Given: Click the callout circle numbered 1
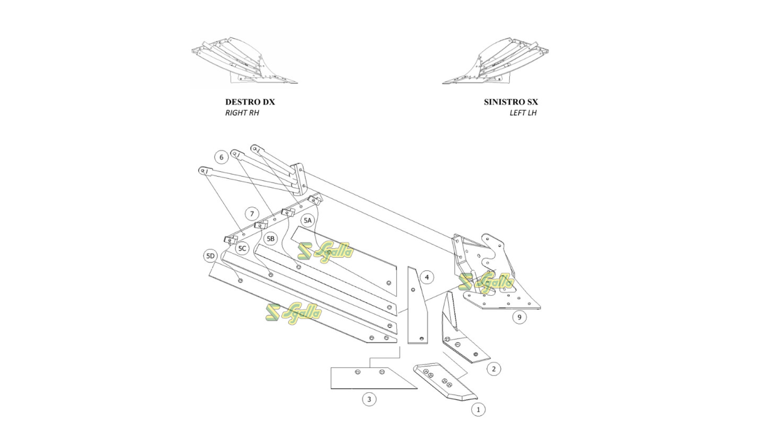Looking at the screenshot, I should (478, 410).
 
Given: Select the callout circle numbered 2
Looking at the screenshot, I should (493, 369).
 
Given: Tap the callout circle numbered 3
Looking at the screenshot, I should (369, 399).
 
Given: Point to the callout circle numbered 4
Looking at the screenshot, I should (427, 278).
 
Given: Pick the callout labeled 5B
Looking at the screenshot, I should (270, 239).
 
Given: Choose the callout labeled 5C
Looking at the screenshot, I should (242, 248).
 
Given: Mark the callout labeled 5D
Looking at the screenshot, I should (210, 256).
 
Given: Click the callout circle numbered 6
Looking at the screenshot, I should (221, 157).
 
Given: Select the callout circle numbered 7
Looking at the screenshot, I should (252, 214).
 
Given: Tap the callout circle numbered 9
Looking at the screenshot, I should (519, 317).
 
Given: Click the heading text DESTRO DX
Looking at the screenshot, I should (250, 102).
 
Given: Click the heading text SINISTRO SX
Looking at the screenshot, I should (511, 102).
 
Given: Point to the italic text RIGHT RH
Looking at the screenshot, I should (242, 113).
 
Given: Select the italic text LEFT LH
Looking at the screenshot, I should (523, 113).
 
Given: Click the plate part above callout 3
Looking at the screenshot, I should (368, 378).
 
